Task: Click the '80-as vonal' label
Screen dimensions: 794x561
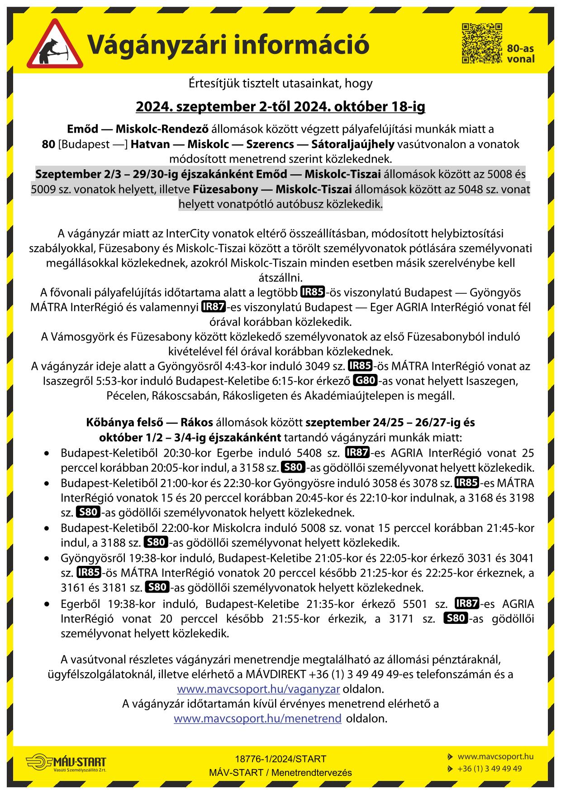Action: pyautogui.click(x=520, y=54)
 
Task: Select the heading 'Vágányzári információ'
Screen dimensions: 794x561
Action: pyautogui.click(x=228, y=45)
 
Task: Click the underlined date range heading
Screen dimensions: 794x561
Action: pyautogui.click(x=280, y=107)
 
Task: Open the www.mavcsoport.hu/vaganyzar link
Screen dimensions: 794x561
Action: pyautogui.click(x=258, y=689)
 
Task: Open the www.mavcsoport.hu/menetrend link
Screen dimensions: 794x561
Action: pyautogui.click(x=257, y=718)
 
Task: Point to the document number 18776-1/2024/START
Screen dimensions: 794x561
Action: pyautogui.click(x=280, y=759)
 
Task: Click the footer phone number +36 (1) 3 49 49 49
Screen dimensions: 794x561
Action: pyautogui.click(x=490, y=769)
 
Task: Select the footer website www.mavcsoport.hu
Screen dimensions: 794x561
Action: pyautogui.click(x=495, y=756)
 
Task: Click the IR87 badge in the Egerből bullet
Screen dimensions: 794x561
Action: pyautogui.click(x=466, y=603)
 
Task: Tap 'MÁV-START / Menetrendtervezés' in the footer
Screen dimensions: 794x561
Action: pyautogui.click(x=280, y=773)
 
